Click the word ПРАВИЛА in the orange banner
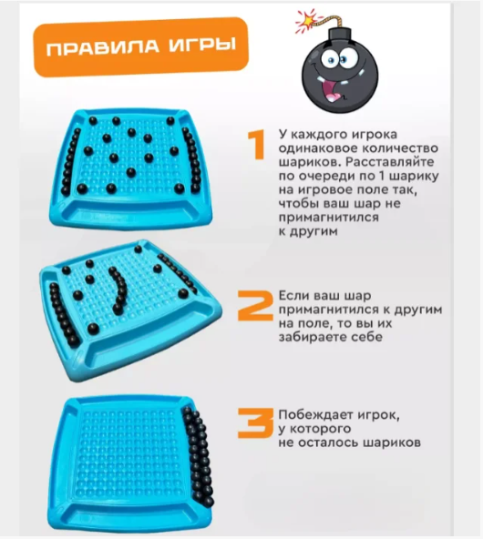click(x=102, y=47)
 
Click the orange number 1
click(x=256, y=145)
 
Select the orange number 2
click(x=255, y=306)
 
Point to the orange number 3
click(x=255, y=422)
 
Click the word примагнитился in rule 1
click(x=329, y=218)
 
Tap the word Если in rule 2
click(x=293, y=296)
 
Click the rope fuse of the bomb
click(x=326, y=22)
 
